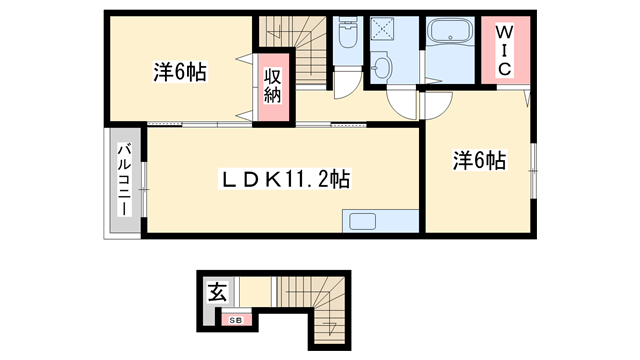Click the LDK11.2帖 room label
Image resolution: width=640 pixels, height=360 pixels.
[285, 180]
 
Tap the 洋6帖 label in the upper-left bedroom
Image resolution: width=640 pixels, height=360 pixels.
[180, 72]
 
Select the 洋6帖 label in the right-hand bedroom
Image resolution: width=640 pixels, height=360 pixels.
[478, 160]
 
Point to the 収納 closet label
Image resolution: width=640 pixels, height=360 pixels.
[272, 85]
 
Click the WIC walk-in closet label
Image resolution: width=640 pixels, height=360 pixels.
[503, 50]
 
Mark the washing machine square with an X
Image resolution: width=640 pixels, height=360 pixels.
[382, 31]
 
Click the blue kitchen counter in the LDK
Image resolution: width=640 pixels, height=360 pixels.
[379, 222]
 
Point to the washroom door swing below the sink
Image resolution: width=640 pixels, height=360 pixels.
[401, 102]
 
